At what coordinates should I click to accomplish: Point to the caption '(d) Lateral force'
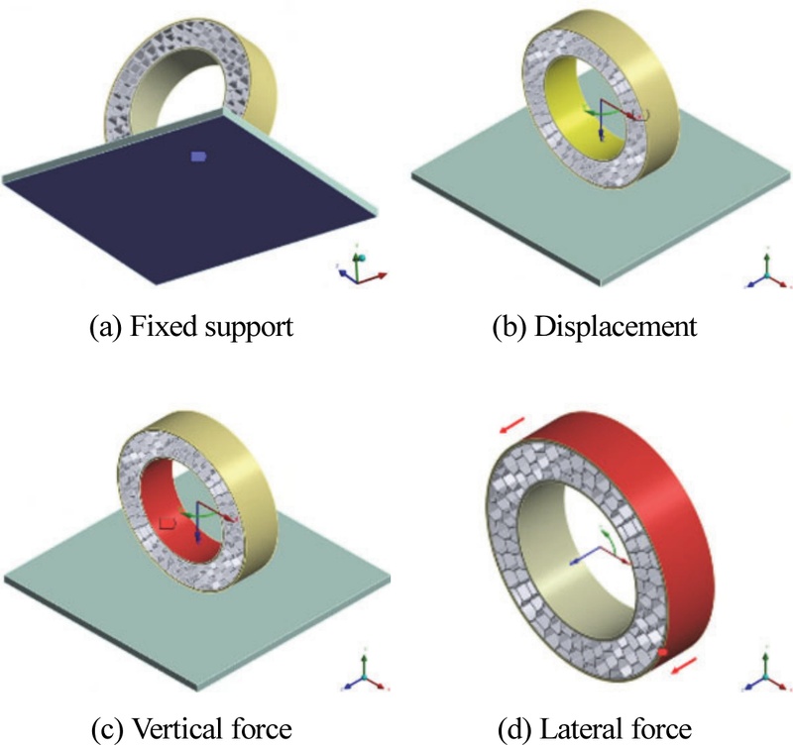tap(594, 728)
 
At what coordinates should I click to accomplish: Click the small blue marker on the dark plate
tap(198, 157)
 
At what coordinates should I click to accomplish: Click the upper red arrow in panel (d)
tap(511, 425)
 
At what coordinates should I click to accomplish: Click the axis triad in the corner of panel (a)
tap(360, 268)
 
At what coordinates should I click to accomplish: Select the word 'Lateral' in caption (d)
tap(591, 728)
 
